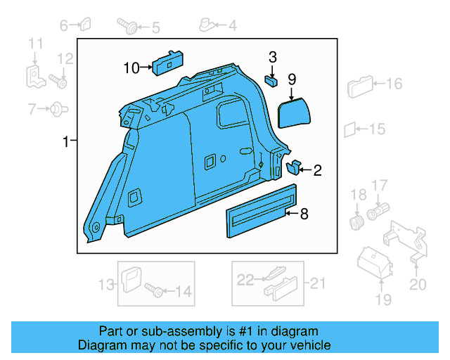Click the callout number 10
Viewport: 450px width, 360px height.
click(x=131, y=68)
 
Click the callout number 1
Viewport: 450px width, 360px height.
click(x=65, y=142)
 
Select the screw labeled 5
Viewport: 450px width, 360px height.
click(x=128, y=27)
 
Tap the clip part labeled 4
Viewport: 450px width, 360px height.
click(x=208, y=26)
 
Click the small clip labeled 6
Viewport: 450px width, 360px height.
click(x=84, y=26)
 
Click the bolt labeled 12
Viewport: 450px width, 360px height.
click(x=58, y=81)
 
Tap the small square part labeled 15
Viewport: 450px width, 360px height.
click(x=349, y=129)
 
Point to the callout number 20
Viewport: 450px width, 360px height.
click(x=418, y=284)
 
